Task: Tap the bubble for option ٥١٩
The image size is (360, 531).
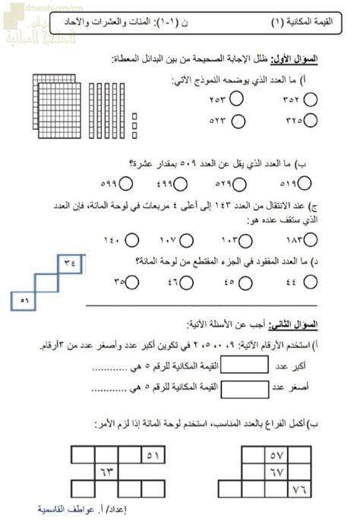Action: [305, 182]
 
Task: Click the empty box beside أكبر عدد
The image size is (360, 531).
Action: [247, 365]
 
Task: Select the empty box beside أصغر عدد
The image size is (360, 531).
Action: [247, 387]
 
